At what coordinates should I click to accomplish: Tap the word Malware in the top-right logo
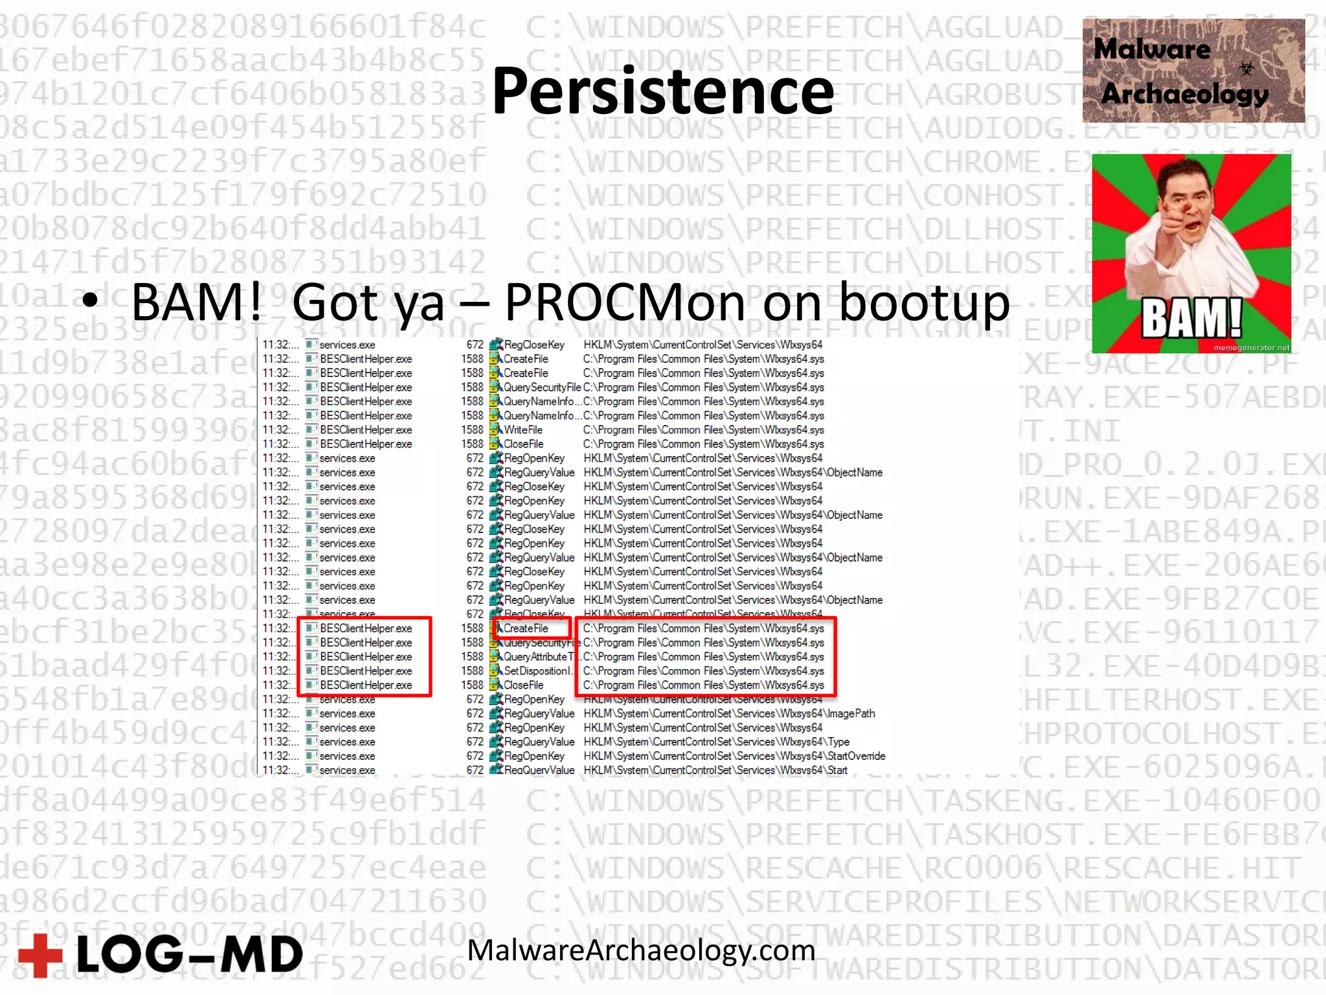1152,49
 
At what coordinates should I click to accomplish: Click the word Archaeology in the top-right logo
1184,95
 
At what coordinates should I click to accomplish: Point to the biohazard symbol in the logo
1246,68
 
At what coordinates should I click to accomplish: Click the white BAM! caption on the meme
1191,318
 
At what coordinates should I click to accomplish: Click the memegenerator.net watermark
1251,348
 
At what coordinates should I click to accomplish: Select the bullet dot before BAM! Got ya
90,301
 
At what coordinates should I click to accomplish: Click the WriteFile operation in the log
523,429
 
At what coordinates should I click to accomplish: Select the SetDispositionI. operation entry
537,671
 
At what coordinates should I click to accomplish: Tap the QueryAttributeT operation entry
537,657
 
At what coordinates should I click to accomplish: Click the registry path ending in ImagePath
729,713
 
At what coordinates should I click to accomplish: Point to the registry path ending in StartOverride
734,756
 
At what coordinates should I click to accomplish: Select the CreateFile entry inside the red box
526,628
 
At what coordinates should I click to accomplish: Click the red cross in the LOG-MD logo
40,954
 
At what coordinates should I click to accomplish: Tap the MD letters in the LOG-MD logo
262,955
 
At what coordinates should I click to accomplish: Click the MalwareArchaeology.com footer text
641,950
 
